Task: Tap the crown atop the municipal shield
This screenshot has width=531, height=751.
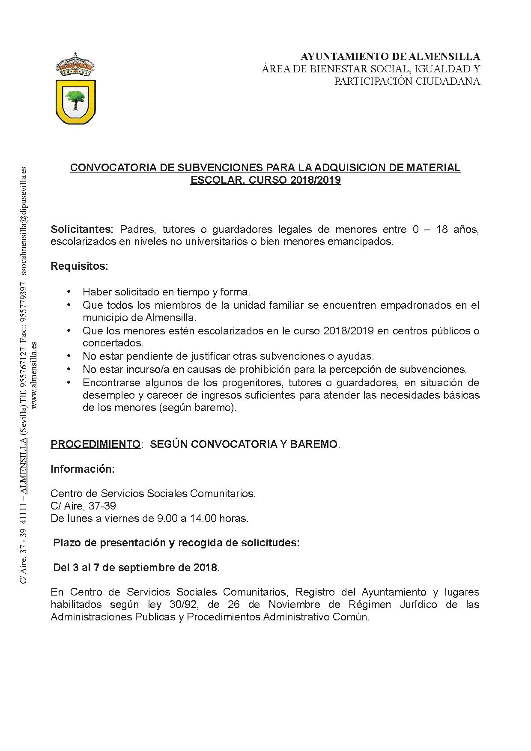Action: click(76, 66)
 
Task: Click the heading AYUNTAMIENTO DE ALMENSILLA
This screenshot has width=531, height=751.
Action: click(390, 57)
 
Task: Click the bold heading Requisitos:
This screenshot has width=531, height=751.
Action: click(79, 266)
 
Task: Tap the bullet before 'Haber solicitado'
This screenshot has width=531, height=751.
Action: click(69, 292)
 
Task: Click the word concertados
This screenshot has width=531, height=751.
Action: click(113, 343)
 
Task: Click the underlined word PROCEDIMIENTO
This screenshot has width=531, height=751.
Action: click(95, 444)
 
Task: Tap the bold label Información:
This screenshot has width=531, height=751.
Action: click(83, 469)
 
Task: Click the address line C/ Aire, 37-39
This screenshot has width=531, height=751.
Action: click(83, 506)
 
